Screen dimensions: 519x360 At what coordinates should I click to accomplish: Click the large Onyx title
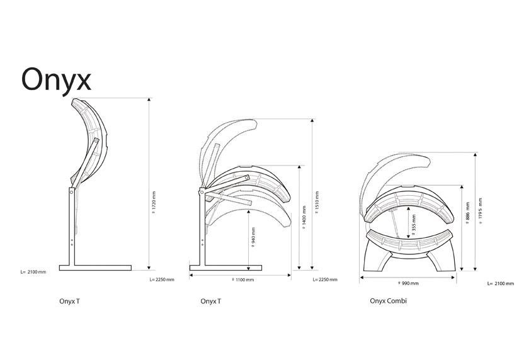(56, 81)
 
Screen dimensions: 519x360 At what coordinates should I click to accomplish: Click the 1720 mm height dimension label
(154, 202)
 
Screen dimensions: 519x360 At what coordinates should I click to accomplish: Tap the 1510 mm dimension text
(317, 202)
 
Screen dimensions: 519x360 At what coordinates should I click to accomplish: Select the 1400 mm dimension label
(304, 217)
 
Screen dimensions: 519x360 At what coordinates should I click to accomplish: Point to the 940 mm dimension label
(253, 237)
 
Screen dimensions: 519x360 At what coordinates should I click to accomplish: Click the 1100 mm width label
(242, 280)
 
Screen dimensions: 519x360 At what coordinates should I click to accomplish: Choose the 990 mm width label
(408, 283)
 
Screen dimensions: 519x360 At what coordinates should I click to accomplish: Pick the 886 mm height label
(467, 213)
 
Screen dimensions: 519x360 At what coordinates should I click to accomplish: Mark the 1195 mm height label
(481, 211)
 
